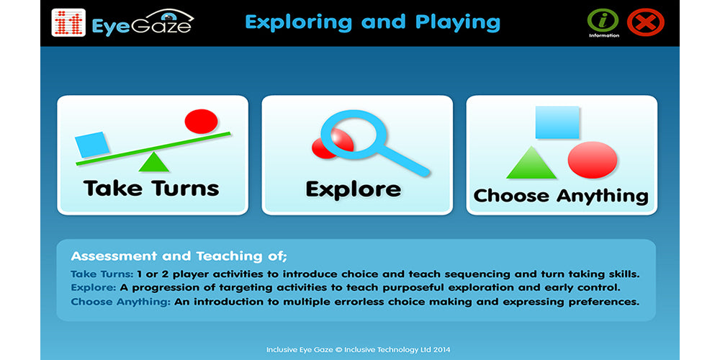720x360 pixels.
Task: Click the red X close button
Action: [x=646, y=22]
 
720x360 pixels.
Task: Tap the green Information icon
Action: [x=603, y=20]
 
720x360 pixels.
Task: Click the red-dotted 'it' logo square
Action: [x=69, y=22]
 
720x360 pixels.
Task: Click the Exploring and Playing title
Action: [x=372, y=22]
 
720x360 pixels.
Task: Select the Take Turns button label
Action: [x=151, y=188]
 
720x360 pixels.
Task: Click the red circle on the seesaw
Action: [x=201, y=121]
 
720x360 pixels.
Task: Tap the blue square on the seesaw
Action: [x=92, y=145]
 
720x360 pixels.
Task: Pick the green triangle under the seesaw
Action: [x=154, y=162]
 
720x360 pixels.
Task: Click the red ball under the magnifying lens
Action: [x=331, y=144]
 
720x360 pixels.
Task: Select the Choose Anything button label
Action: [x=561, y=196]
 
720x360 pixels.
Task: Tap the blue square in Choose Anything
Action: [x=557, y=122]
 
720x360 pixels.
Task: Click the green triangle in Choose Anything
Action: [x=531, y=163]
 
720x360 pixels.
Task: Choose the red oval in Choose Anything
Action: [x=593, y=160]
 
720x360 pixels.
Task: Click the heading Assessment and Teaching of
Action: [x=179, y=256]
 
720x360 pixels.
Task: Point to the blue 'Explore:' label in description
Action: [x=94, y=289]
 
